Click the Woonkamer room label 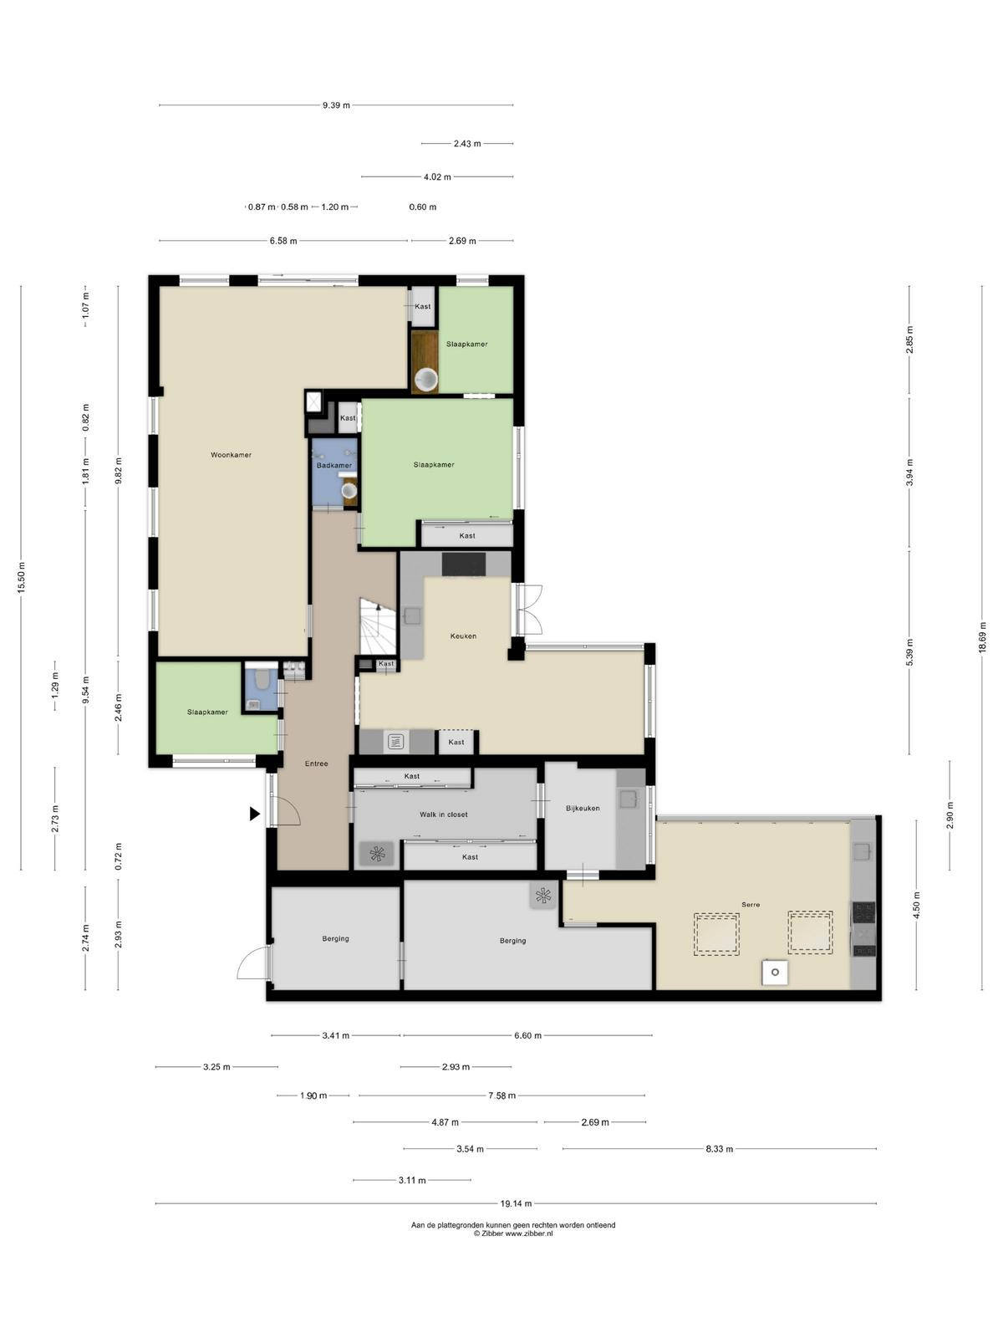231,455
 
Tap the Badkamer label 333,466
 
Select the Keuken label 463,636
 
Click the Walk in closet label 443,815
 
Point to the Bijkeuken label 583,809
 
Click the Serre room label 751,905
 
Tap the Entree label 316,763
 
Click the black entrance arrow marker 255,813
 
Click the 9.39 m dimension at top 336,105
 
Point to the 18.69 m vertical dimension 981,637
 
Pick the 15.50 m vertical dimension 21,578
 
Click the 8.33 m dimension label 719,1148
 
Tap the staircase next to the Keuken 378,626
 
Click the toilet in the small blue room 262,678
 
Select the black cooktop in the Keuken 463,564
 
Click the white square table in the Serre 774,973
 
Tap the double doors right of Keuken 528,610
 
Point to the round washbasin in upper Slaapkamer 425,380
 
